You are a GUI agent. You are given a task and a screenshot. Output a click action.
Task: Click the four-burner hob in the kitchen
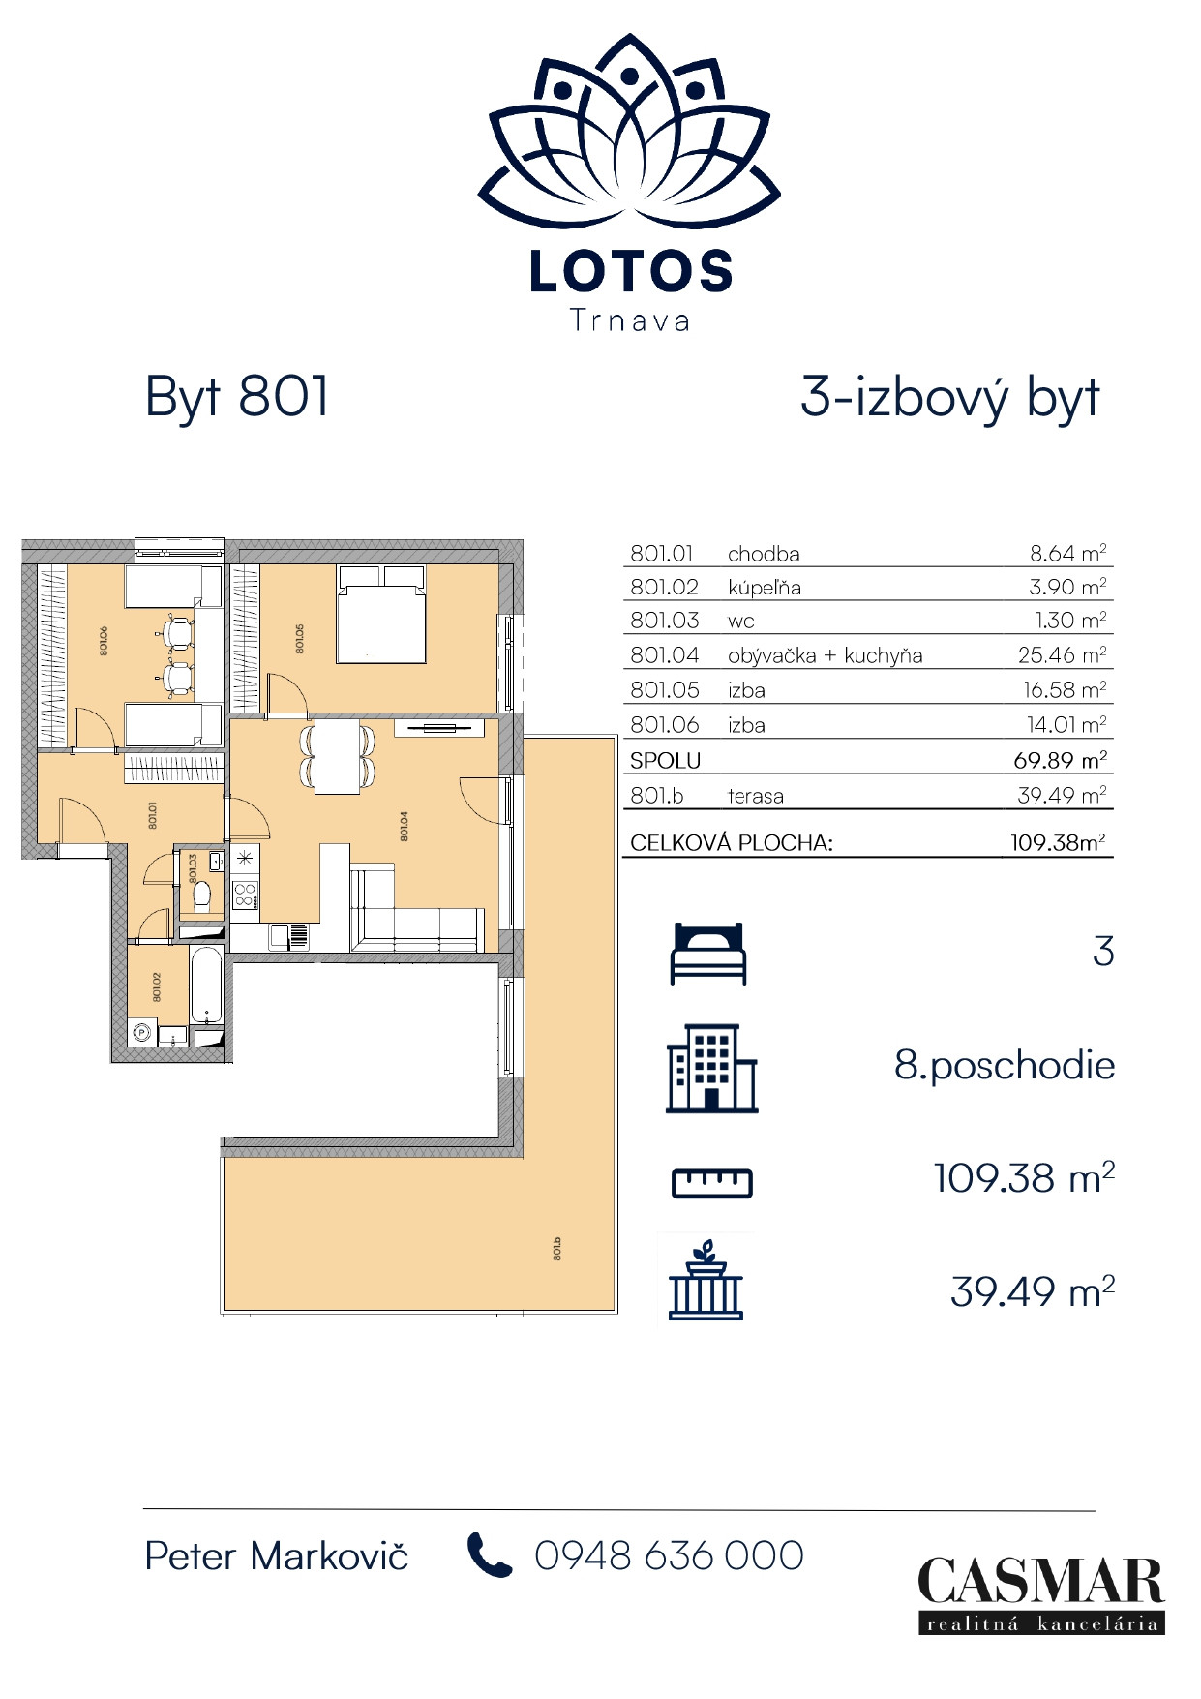pyautogui.click(x=245, y=895)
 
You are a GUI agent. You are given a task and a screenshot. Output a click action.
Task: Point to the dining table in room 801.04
pyautogui.click(x=338, y=756)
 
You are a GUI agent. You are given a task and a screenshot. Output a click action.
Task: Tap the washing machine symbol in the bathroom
pyautogui.click(x=141, y=1033)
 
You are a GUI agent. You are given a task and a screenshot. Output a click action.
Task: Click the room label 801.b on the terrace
pyautogui.click(x=558, y=1248)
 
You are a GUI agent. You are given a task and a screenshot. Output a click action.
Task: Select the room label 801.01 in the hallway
pyautogui.click(x=153, y=814)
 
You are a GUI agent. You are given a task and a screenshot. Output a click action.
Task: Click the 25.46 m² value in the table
pyautogui.click(x=1062, y=655)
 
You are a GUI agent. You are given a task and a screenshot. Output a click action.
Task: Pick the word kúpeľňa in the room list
pyautogui.click(x=764, y=588)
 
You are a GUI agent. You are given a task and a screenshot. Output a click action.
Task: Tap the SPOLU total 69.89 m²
pyautogui.click(x=1060, y=760)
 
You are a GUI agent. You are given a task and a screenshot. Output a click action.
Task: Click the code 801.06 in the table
pyautogui.click(x=664, y=725)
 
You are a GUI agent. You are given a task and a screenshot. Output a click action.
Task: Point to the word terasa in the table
pyautogui.click(x=755, y=796)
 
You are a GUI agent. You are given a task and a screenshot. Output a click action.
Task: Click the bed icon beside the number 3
pyautogui.click(x=708, y=954)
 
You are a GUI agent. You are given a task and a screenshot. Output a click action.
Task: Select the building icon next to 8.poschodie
pyautogui.click(x=711, y=1068)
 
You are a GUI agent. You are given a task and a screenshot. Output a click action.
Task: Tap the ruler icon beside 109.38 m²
pyautogui.click(x=711, y=1182)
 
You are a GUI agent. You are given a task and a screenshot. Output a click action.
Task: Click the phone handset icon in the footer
pyautogui.click(x=489, y=1555)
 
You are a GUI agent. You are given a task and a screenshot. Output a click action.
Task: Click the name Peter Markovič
pyautogui.click(x=276, y=1556)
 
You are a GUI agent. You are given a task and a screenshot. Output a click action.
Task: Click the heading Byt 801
pyautogui.click(x=237, y=397)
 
